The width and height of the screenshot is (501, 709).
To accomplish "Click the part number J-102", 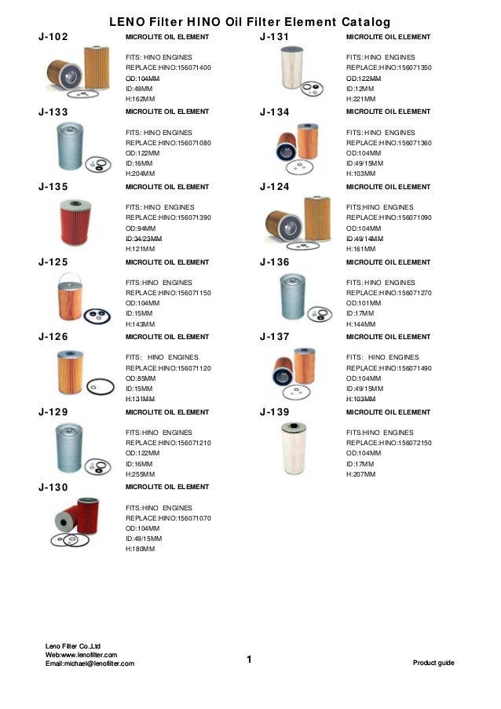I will pos(53,37).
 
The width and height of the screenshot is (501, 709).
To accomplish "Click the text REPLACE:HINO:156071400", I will pos(168,68).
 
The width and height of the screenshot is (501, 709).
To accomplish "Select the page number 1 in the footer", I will pos(248,659).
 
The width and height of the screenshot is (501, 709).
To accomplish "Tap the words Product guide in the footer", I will pos(433,663).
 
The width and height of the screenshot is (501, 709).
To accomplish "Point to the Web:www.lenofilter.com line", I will pos(81,654).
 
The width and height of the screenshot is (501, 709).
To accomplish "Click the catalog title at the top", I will pos(250,21).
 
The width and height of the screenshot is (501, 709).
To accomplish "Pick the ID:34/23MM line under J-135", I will pos(144,239).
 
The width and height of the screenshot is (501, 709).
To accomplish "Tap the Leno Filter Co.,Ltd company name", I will pos(73,645).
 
